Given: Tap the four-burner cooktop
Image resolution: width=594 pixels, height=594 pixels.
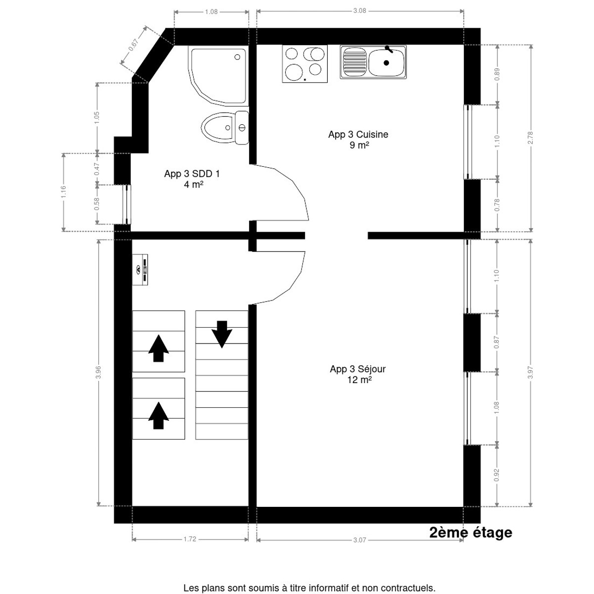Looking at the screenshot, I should coord(305,63).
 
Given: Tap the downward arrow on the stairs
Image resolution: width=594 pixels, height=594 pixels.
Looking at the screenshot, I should coord(222,334).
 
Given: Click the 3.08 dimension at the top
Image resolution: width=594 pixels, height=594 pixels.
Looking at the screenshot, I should coord(360,10).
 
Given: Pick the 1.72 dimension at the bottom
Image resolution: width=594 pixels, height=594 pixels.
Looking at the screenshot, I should coord(190,539).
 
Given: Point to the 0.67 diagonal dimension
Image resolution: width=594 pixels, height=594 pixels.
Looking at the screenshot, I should coord(133,45).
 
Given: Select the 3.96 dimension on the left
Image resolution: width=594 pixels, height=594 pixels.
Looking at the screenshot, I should coord(99,372).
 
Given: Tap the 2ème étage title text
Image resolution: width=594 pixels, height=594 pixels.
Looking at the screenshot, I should coord(470,533).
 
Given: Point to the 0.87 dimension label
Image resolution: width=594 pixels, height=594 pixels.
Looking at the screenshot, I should coord(497,342).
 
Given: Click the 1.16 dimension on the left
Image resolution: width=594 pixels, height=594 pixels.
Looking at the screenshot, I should coord(63,192).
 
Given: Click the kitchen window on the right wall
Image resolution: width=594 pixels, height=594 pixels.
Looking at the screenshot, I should coord(468,142).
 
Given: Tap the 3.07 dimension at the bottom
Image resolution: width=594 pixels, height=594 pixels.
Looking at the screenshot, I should coord(360,540).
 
